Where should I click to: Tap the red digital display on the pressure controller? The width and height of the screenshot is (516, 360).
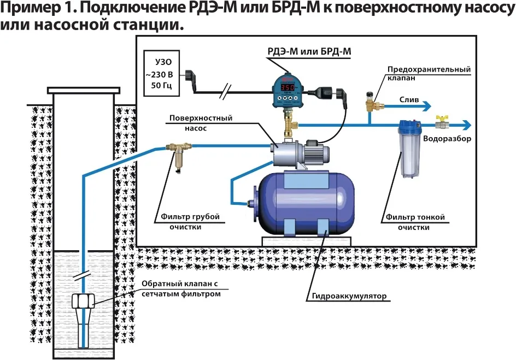click(289, 87)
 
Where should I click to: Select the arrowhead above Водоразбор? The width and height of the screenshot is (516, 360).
click(466, 125)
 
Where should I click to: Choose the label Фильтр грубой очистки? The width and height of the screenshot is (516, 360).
click(190, 222)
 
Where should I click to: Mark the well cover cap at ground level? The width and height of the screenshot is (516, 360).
click(83, 89)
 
